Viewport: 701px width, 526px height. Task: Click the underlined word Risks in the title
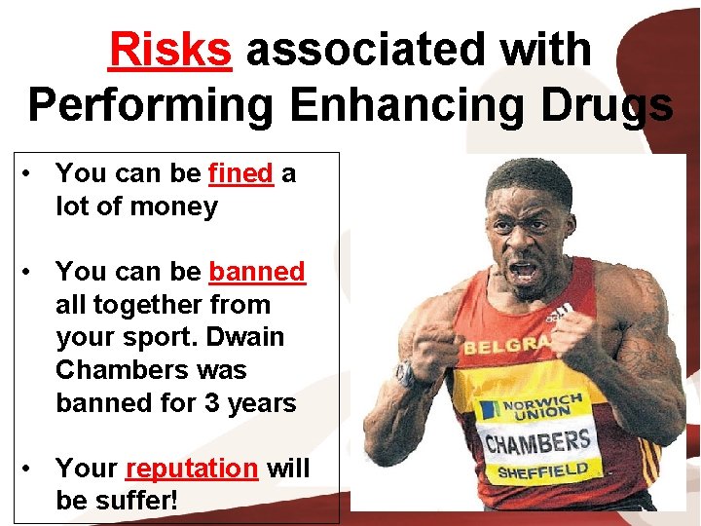[170, 49]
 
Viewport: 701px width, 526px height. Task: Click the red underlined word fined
[240, 173]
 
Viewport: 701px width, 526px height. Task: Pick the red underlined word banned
[257, 271]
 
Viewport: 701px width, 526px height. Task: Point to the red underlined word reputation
[192, 468]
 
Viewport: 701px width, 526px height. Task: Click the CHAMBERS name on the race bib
[538, 443]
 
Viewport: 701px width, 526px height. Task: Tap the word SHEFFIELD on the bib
[543, 472]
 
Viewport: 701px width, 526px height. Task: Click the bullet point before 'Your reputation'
[32, 468]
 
